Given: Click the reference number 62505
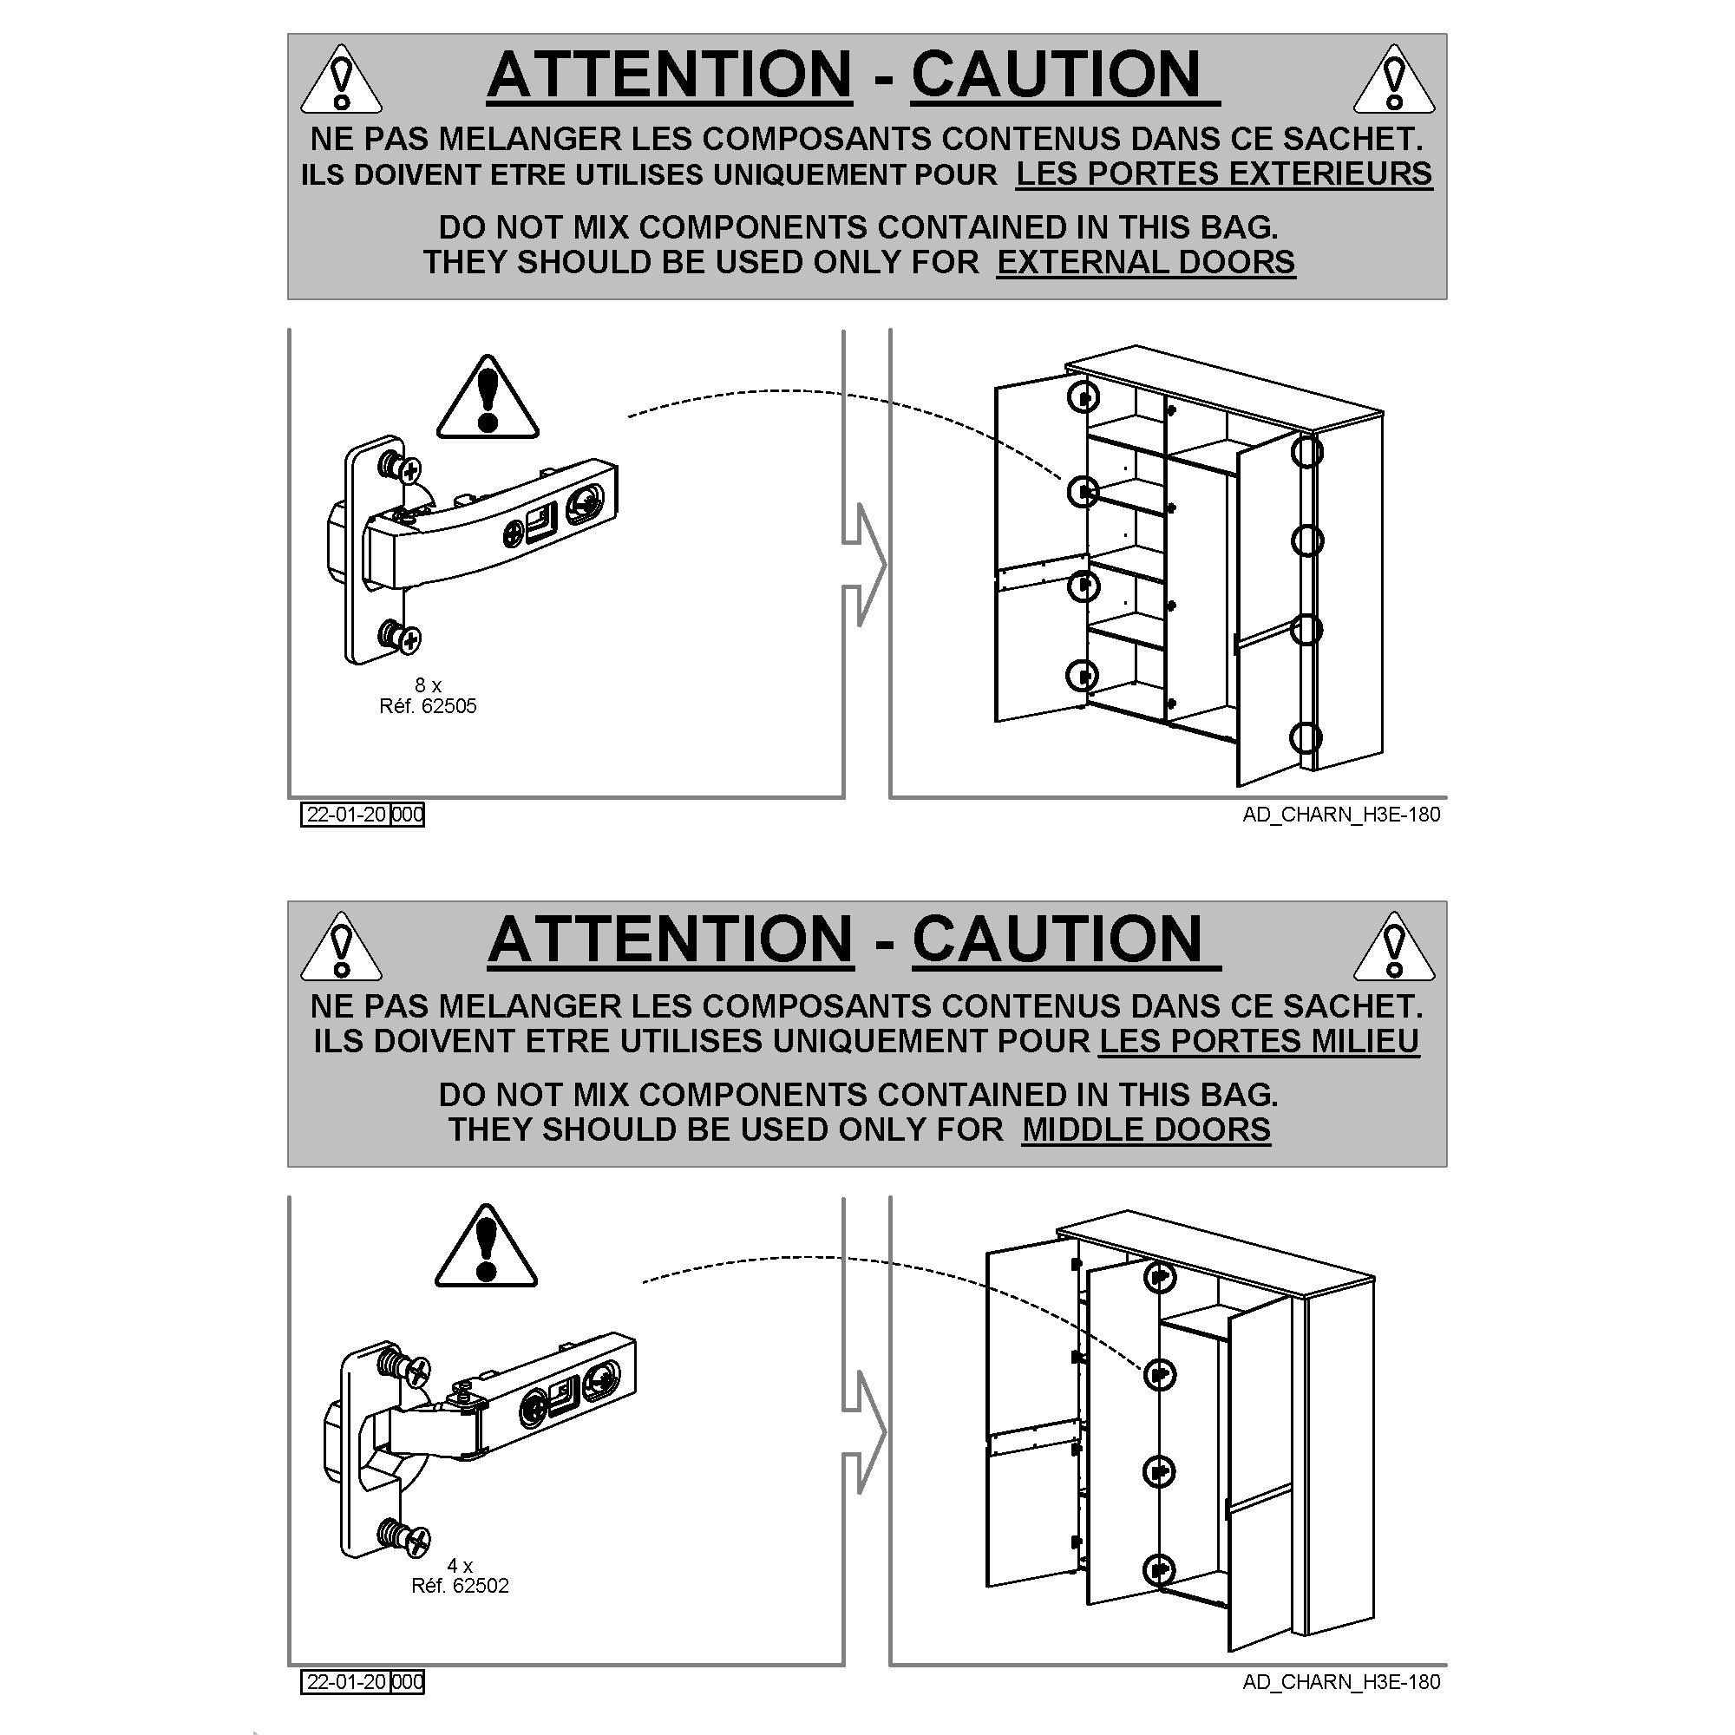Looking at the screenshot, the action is (449, 706).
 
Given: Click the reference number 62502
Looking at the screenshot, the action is (481, 1586).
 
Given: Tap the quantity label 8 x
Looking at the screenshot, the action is (429, 685).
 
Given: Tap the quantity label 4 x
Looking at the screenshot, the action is (460, 1566).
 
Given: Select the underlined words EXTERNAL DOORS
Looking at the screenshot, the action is (1146, 262).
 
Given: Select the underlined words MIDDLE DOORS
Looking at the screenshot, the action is (1146, 1129).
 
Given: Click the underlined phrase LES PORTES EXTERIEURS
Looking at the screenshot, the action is (1224, 173).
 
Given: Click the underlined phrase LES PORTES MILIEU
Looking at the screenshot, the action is (1259, 1041).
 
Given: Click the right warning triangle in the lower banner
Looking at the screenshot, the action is (1394, 946).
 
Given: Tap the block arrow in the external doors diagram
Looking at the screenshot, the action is (864, 565).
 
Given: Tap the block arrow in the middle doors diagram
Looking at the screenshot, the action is (864, 1432).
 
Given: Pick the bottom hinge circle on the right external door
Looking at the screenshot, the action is (1306, 738).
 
